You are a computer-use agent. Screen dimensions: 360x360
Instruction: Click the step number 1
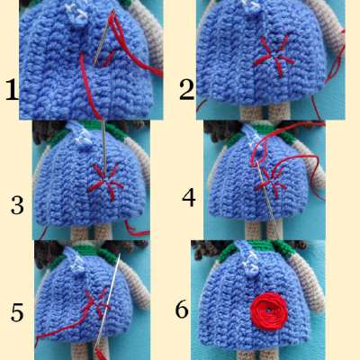12,89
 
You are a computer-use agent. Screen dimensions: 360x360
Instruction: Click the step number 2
186,89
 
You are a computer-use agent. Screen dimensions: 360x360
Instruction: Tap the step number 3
17,205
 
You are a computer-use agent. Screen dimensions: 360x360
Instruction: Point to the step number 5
17,312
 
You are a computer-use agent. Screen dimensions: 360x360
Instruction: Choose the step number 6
182,309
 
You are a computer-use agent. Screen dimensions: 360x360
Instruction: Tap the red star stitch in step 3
106,182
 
